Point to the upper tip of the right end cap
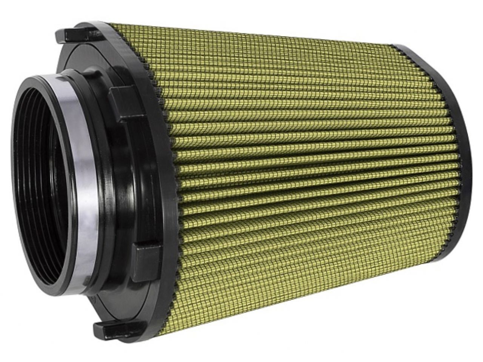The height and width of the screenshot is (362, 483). (x=400, y=48)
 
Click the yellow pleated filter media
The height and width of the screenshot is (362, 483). (x=302, y=158)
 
